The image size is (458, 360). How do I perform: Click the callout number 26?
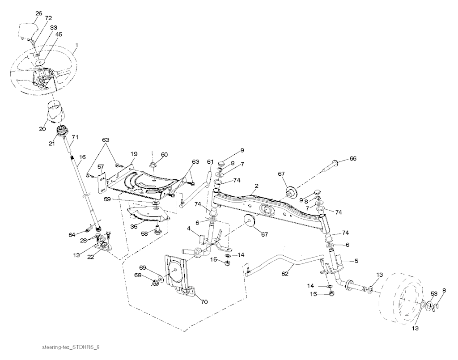(x=39, y=13)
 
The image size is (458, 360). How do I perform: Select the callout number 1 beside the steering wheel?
(x=77, y=45)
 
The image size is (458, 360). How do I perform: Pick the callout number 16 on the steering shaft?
(x=82, y=157)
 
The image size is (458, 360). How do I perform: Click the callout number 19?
(x=134, y=154)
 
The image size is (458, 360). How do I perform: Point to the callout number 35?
(x=133, y=226)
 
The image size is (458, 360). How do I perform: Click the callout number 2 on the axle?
(x=256, y=185)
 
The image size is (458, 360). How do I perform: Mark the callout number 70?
(x=204, y=302)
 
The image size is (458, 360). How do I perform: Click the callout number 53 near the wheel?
(x=433, y=293)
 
